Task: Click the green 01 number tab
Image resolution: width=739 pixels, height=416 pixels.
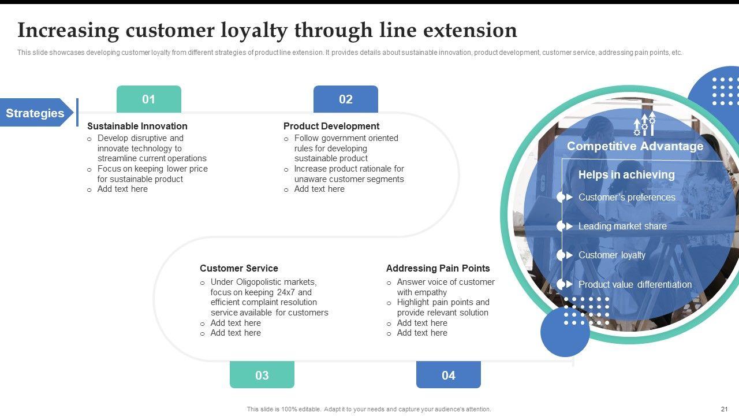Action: click(x=149, y=99)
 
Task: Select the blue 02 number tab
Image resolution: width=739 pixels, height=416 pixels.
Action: click(x=345, y=99)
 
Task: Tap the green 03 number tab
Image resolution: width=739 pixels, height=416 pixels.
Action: click(x=262, y=375)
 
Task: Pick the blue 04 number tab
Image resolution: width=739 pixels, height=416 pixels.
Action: click(x=448, y=375)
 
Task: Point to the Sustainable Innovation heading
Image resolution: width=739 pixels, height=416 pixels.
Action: click(x=137, y=126)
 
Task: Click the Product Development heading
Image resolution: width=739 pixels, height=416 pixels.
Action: click(x=331, y=126)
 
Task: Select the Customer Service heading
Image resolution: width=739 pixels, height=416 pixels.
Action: click(x=239, y=268)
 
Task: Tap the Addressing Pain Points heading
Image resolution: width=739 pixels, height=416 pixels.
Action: click(x=438, y=268)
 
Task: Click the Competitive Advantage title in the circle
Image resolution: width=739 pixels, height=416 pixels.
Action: click(x=635, y=146)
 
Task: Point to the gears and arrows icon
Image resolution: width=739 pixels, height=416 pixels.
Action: click(x=644, y=124)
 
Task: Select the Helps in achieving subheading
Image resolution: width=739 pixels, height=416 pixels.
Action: click(x=626, y=174)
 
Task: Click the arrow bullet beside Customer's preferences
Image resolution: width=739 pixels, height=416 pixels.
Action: click(x=569, y=197)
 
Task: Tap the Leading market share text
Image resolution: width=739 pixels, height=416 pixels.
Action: click(x=622, y=226)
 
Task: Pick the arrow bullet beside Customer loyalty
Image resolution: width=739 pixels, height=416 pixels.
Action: click(x=569, y=255)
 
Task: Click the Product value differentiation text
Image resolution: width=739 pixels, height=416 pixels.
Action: click(x=635, y=284)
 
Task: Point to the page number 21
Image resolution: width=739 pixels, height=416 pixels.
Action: click(x=725, y=409)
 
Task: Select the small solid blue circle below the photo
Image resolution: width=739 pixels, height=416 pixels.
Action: click(x=565, y=332)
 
